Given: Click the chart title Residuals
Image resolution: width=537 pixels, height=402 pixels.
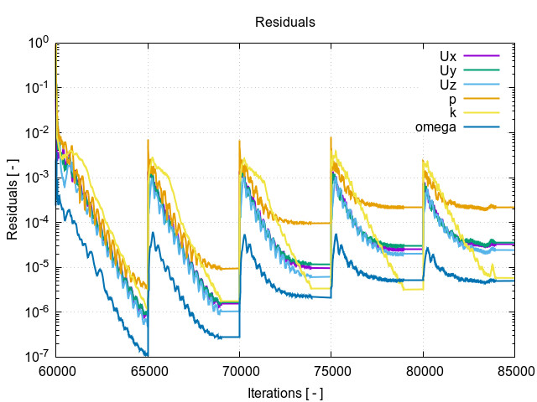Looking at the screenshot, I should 285,23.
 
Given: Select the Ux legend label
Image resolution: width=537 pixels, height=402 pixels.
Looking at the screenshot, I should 447,56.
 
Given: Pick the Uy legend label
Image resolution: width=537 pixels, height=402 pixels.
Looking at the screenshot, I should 447,70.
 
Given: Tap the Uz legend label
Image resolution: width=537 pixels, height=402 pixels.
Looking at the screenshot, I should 447,85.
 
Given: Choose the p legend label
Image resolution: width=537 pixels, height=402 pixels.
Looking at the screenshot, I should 452,99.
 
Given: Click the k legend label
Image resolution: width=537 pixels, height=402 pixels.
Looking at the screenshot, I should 452,113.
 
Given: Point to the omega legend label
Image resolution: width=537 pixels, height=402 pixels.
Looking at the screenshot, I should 435,127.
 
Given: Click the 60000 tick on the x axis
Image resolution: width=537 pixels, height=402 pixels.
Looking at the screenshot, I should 56,370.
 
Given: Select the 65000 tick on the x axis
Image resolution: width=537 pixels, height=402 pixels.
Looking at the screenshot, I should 148,370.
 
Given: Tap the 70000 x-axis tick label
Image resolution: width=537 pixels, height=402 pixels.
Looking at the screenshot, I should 239,370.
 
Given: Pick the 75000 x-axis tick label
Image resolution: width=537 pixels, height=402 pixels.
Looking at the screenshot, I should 331,370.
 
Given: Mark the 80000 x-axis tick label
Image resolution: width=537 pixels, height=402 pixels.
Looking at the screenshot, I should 422,370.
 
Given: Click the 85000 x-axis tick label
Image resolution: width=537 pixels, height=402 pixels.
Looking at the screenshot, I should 513,370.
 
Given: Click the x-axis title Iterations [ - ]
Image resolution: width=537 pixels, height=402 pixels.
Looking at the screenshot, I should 285,392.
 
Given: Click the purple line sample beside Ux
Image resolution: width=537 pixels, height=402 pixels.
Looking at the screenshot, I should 482,56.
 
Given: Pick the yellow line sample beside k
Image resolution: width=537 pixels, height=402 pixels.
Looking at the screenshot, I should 482,113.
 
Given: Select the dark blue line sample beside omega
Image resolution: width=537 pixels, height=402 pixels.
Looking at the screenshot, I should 482,127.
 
